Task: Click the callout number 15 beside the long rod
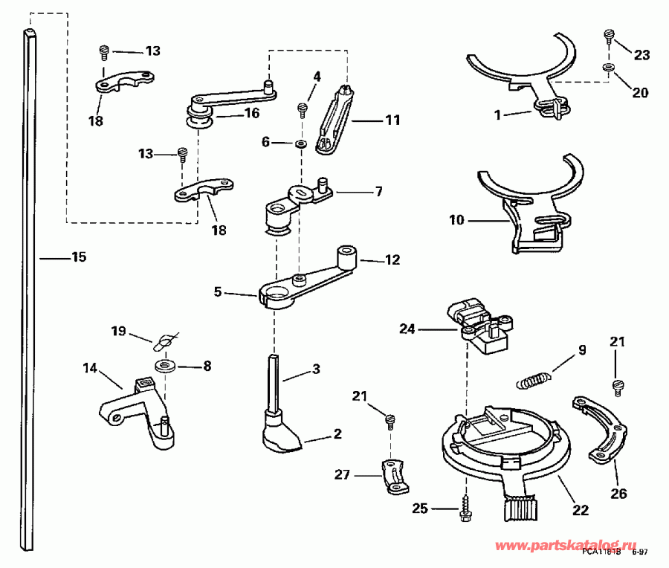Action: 79,257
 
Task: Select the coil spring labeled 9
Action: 534,379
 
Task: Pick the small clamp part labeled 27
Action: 395,477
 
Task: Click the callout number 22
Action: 580,510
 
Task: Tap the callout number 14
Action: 90,367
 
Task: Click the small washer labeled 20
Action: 610,68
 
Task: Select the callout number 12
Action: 392,260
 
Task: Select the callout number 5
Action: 217,292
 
